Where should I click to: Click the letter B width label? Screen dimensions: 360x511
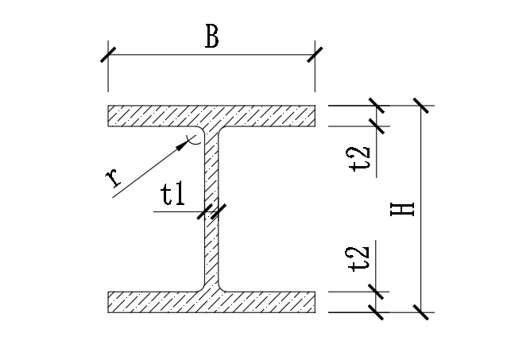tap(211, 37)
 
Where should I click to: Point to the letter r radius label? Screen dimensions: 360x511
tap(117, 180)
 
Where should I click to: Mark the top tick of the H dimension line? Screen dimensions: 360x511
tap(421, 106)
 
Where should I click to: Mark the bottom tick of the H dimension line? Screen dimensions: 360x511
tap(421, 312)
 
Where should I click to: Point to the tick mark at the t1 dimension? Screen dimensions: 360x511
tap(211, 211)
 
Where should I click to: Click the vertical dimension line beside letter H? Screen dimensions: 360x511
tap(421, 238)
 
